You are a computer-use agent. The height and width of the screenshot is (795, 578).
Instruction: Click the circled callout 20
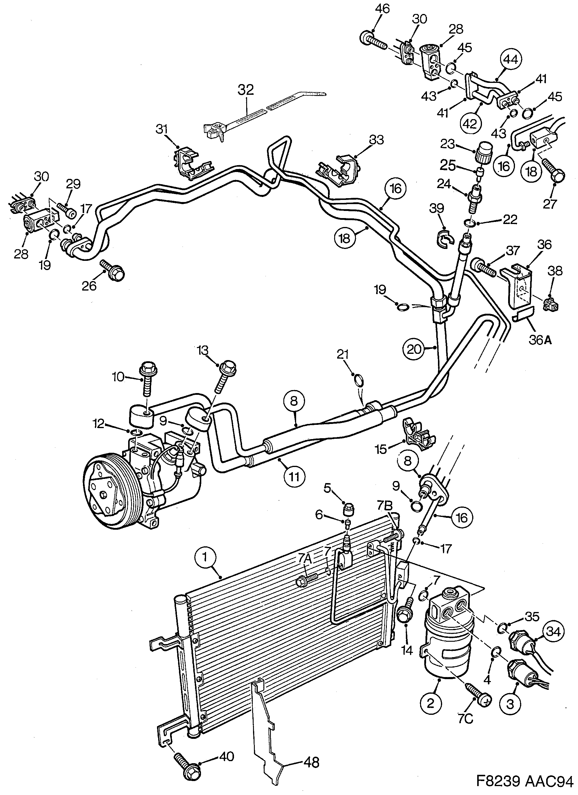(414, 349)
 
